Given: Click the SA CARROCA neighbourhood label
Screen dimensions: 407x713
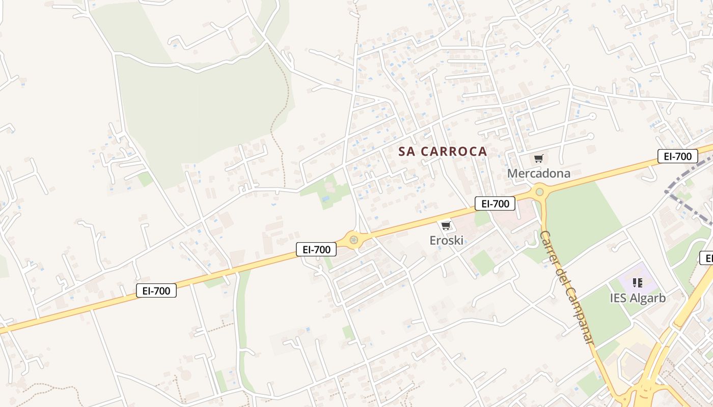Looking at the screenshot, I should coord(443,152).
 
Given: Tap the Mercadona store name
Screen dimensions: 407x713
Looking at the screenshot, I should coord(538,173).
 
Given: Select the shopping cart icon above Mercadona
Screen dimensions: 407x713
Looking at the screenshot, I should coord(539,158).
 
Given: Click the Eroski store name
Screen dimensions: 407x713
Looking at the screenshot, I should coord(446,240).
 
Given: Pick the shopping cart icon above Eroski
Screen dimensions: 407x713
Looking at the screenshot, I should coord(446,225).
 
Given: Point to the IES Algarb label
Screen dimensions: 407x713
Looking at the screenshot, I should coord(638,298).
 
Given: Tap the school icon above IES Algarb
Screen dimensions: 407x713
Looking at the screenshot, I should coord(637,282).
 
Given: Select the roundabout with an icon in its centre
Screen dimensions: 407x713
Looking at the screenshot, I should coord(353,240).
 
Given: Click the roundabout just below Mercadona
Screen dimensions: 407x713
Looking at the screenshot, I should coord(539,192).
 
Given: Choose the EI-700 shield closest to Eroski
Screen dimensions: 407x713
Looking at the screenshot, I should coord(495,204).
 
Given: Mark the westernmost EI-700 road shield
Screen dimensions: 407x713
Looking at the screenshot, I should coord(156,291).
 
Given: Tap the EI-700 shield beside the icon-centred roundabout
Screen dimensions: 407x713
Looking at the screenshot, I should coord(316,249).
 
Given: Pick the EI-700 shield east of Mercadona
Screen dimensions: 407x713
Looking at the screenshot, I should coord(677,156).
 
